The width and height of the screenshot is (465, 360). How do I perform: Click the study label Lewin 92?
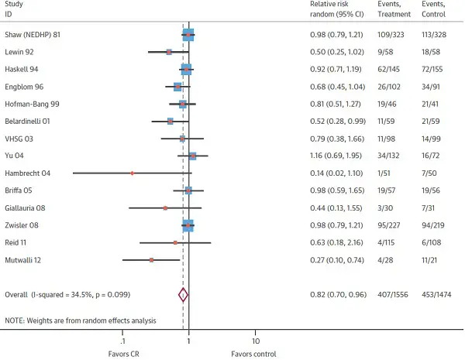coord(21,52)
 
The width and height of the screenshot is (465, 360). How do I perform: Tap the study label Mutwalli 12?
coord(27,260)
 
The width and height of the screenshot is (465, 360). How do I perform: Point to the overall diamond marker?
coord(183,294)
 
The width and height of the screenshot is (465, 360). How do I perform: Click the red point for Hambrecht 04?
coord(133,173)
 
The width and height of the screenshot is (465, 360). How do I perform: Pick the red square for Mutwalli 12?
coord(152,260)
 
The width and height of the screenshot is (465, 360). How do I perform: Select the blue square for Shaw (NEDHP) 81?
coord(188,35)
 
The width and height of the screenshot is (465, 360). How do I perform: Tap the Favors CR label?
coord(122,354)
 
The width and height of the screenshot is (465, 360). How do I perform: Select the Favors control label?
coord(253,354)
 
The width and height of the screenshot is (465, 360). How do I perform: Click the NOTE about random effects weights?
coord(81,320)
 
